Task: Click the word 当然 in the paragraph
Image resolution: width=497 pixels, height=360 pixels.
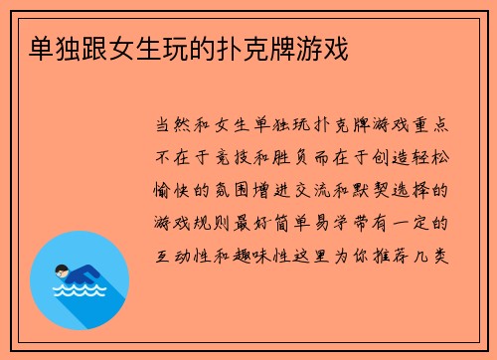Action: coord(169,128)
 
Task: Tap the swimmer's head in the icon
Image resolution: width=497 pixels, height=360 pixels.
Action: coord(62,269)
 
